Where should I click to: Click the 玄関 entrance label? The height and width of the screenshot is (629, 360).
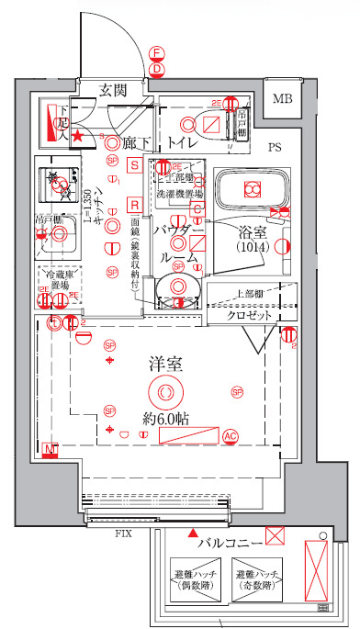(113, 89)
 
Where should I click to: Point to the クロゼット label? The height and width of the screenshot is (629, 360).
(250, 315)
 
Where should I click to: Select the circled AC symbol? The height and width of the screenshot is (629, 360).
(231, 437)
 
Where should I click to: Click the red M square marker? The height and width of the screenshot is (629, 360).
(51, 449)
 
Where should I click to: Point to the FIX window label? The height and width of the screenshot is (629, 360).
(122, 533)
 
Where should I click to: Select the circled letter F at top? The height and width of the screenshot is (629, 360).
(157, 53)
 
